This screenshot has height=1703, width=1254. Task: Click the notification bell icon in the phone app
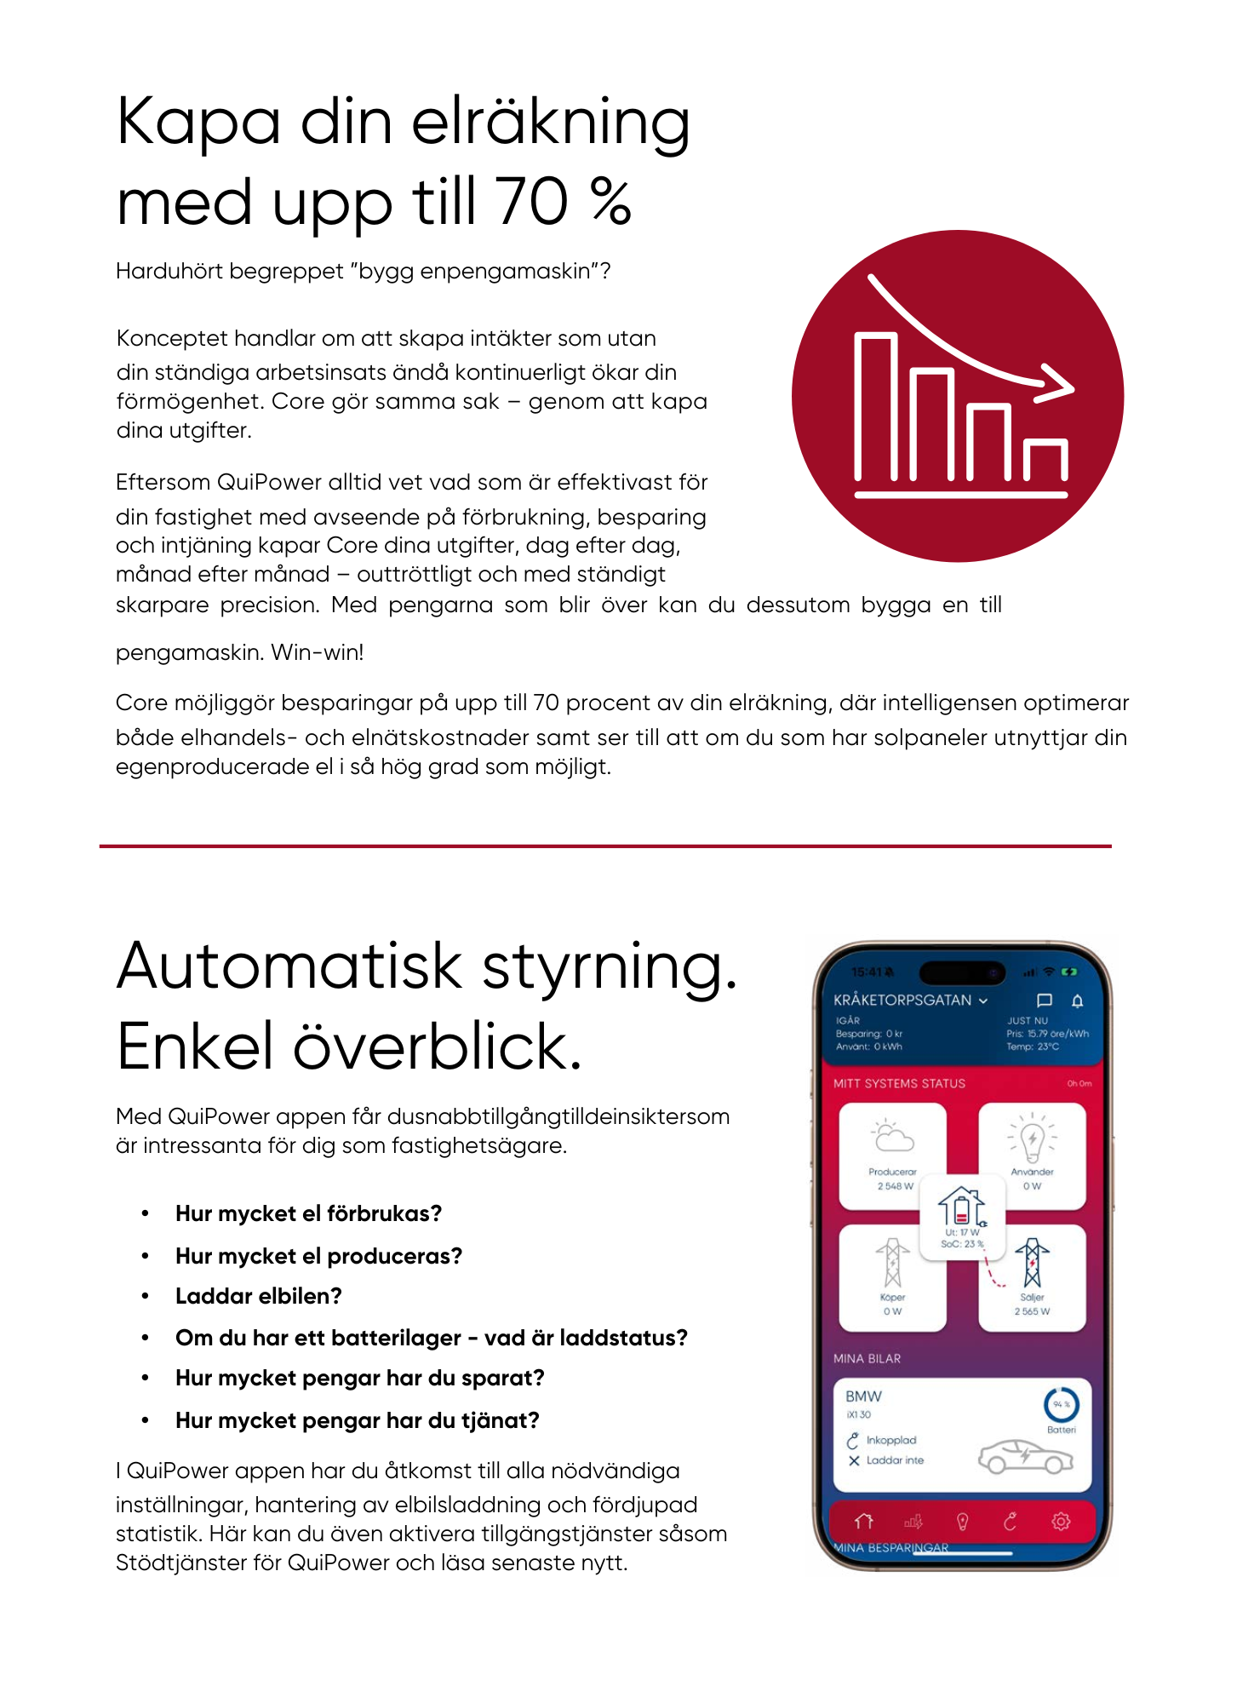click(x=1077, y=1001)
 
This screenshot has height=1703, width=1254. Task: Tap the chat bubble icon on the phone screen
click(x=1045, y=1001)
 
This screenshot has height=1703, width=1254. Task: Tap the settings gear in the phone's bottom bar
click(x=1061, y=1521)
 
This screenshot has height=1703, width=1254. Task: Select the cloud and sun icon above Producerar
click(x=891, y=1136)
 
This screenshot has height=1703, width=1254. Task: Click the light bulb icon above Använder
click(x=1032, y=1138)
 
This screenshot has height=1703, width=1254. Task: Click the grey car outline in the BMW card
click(x=1025, y=1457)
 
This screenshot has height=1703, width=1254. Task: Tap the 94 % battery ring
click(x=1061, y=1404)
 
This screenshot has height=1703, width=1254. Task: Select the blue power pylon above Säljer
click(x=1032, y=1262)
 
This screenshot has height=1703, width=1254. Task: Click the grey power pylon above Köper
click(x=892, y=1262)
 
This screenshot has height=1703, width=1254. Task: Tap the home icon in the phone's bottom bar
click(x=864, y=1521)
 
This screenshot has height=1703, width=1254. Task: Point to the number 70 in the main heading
click(x=533, y=203)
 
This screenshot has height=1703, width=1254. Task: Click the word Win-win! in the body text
click(x=318, y=653)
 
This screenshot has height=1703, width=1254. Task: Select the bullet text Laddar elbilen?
click(x=258, y=1296)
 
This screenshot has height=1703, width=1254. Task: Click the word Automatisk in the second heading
click(x=289, y=967)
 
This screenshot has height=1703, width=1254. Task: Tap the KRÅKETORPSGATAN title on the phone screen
click(x=902, y=1001)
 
